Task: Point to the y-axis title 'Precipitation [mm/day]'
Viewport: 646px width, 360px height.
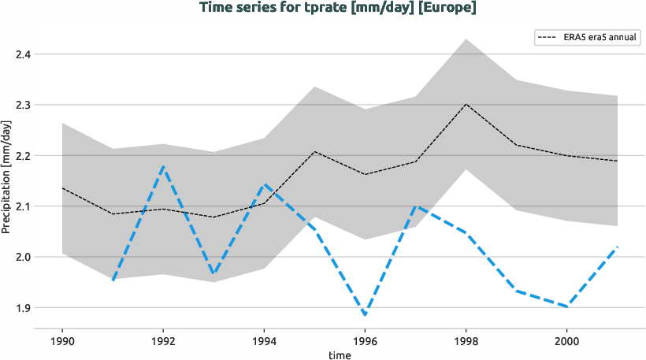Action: (x=7, y=177)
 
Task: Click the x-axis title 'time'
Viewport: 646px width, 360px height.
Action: (x=340, y=355)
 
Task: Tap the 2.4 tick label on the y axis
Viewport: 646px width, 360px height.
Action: (x=23, y=54)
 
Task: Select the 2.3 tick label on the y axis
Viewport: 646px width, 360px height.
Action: (x=23, y=105)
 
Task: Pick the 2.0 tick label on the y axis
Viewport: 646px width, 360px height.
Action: (x=23, y=257)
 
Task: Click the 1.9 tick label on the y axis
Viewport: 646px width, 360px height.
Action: (x=23, y=308)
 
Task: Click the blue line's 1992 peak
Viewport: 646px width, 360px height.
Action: (x=162, y=166)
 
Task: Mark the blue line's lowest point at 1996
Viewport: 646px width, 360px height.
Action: (x=365, y=315)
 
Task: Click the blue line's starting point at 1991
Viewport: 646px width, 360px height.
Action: (x=113, y=280)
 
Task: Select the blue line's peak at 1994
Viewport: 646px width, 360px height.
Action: (x=264, y=185)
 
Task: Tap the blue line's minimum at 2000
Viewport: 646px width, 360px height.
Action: (x=567, y=306)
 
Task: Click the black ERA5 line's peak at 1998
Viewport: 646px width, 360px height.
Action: (x=466, y=104)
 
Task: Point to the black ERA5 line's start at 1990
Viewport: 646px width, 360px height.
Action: (x=62, y=188)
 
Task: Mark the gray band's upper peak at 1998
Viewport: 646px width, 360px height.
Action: (x=466, y=39)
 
